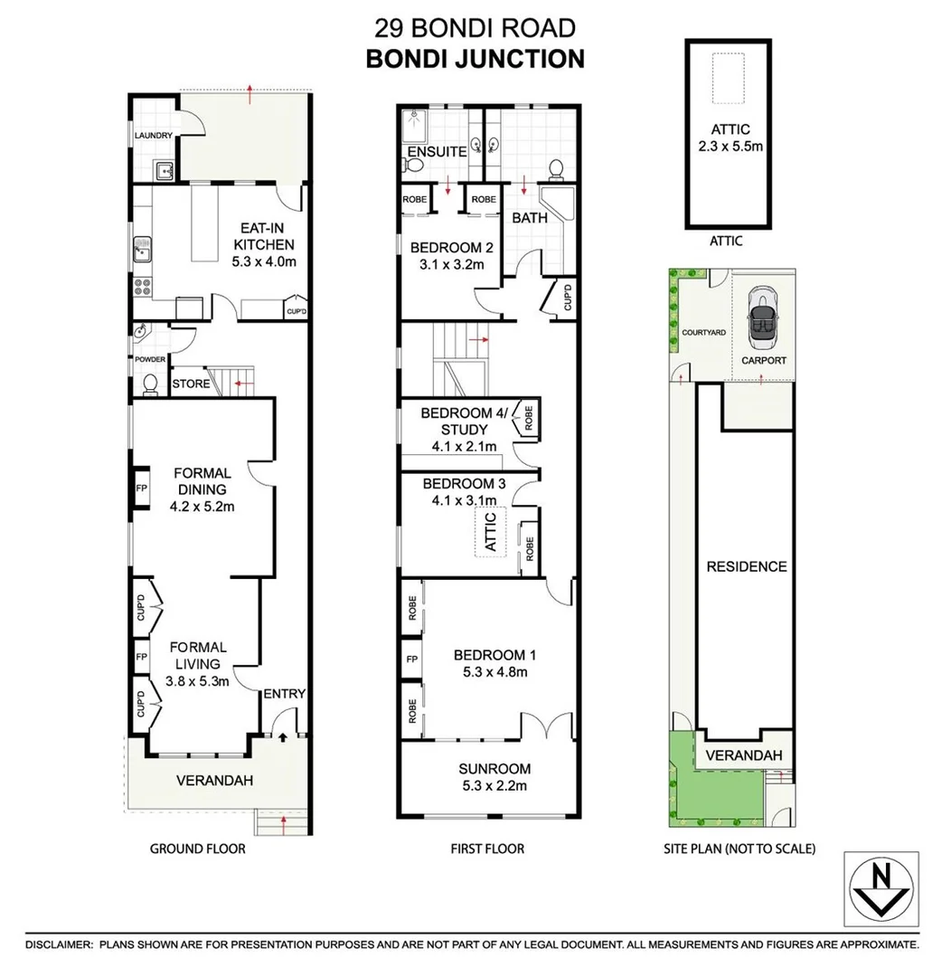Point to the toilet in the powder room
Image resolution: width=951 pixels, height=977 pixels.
coord(150,384)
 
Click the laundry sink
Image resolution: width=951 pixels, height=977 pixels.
coord(163,169)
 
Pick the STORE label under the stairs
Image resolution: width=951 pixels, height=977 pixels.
coord(191,384)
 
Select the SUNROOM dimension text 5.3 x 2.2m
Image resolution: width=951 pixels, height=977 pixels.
coord(494,785)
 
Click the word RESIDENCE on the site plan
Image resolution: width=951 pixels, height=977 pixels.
coord(747,566)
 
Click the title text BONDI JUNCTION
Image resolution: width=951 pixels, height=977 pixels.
coord(475,59)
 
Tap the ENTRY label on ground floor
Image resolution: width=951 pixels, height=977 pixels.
coord(284,694)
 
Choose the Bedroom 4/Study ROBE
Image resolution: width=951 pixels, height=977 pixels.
coord(529,419)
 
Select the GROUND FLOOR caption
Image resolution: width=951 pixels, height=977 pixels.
coord(197,849)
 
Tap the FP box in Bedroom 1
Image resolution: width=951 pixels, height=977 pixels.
coord(412,659)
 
